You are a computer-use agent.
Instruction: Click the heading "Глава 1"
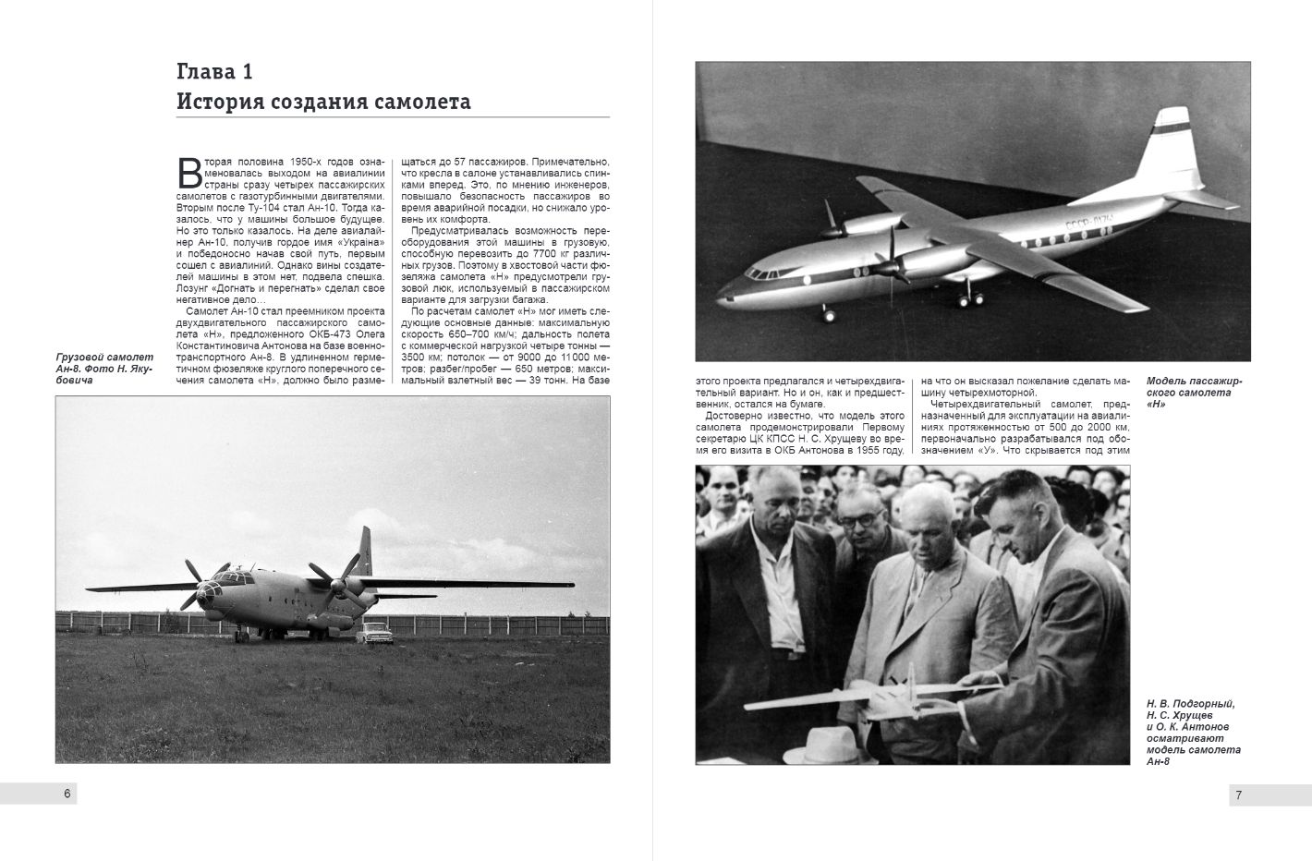point(214,72)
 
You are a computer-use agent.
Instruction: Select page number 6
point(67,794)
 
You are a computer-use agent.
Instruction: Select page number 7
point(1238,795)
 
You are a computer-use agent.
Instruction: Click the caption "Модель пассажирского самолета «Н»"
point(1194,392)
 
